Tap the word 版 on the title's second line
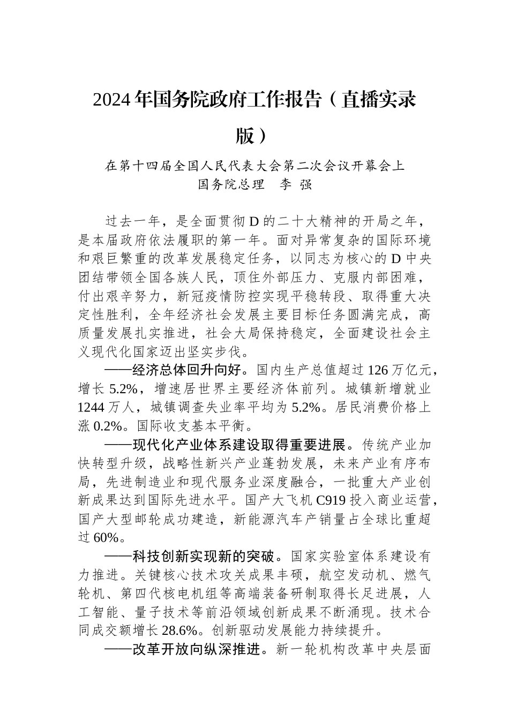click(245, 135)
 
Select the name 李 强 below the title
click(296, 184)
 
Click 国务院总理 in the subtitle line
click(231, 184)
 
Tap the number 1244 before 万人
click(91, 407)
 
